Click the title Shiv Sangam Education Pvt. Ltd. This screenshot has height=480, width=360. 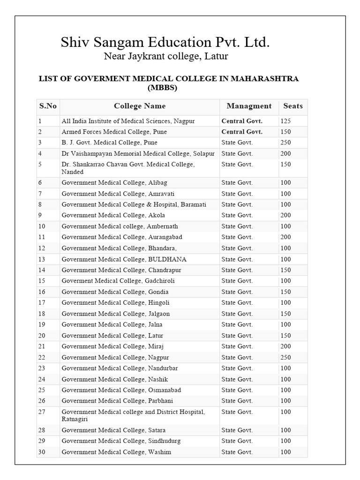pos(165,43)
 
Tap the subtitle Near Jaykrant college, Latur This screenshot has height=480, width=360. pos(165,57)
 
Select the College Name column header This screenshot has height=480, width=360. pos(140,106)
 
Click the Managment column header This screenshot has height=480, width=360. pos(249,106)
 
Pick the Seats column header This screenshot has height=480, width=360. pos(293,106)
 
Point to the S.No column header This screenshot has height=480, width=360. pos(48,106)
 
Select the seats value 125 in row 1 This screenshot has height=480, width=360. pos(285,121)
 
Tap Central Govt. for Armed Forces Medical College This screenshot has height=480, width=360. pos(242,132)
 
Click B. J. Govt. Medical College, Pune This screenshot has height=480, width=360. pos(109,142)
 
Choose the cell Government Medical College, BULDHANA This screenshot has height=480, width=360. pos(124,259)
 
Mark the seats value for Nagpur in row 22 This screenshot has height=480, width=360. pos(285,357)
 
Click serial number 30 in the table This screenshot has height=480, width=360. pos(43,452)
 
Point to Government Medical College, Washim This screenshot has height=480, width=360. pos(116,452)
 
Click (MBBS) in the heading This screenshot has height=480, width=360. pos(162,87)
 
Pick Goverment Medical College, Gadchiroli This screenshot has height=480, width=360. pos(118,281)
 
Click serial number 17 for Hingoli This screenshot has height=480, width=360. pos(43,303)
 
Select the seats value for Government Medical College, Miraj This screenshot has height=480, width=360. pos(285,346)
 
